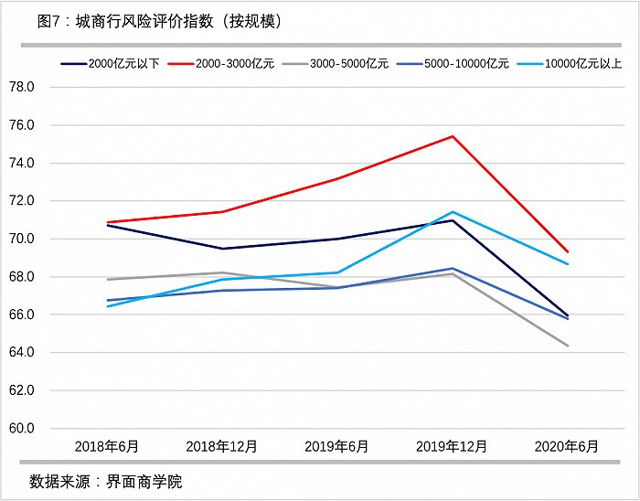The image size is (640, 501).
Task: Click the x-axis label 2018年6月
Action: [108, 447]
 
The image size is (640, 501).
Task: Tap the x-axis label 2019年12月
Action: [452, 447]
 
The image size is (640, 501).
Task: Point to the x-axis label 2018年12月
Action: [222, 447]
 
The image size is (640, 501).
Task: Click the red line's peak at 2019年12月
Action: [452, 136]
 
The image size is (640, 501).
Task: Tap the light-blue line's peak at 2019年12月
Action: [452, 212]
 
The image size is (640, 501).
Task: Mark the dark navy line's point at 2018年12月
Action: [222, 249]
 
